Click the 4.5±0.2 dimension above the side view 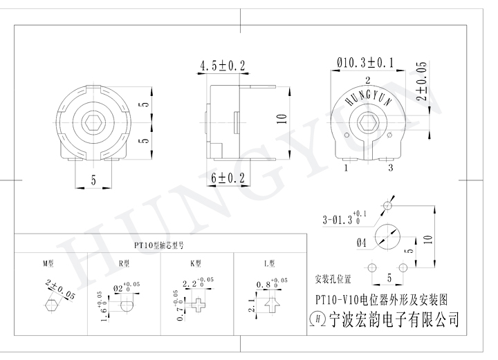223,66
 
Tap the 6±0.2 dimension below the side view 228,178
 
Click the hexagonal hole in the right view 369,124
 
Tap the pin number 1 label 345,167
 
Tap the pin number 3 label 391,167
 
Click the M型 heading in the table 48,263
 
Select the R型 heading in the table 124,263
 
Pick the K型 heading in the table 196,263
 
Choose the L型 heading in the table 269,263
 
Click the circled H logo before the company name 319,319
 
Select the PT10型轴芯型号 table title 158,245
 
